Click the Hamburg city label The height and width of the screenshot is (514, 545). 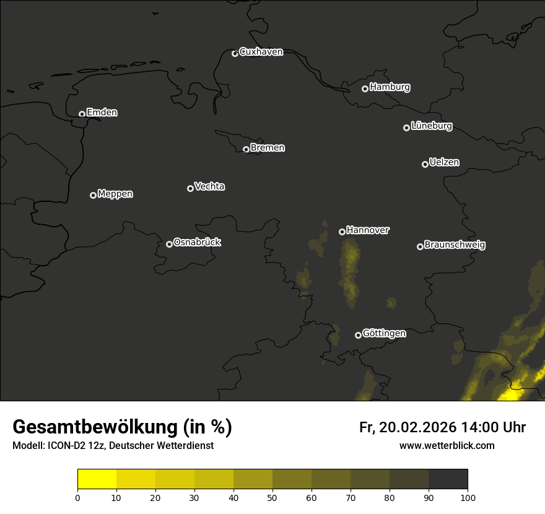point(390,87)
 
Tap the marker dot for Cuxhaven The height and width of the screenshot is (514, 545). point(235,53)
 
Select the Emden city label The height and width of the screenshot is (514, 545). point(102,113)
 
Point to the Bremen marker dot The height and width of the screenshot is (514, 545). point(246,149)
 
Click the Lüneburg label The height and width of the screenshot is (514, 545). point(431,126)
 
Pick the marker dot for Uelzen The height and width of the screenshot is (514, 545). point(425,164)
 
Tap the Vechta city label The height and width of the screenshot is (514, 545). point(209,186)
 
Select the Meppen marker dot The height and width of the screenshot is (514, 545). point(93,195)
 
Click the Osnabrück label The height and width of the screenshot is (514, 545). point(197,242)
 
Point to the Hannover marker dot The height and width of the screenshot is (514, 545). point(342,232)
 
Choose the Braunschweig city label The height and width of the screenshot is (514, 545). point(455,245)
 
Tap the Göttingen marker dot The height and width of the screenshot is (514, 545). point(358,335)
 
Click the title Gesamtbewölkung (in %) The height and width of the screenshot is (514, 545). point(122,427)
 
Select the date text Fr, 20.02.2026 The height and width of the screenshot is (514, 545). point(408,427)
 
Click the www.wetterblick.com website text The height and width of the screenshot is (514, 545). point(447,445)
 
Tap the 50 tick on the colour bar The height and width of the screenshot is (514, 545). point(272,497)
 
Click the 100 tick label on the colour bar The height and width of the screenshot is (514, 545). point(468,497)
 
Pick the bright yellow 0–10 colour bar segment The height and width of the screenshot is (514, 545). point(97,479)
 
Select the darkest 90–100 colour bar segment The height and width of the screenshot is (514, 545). point(448,479)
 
